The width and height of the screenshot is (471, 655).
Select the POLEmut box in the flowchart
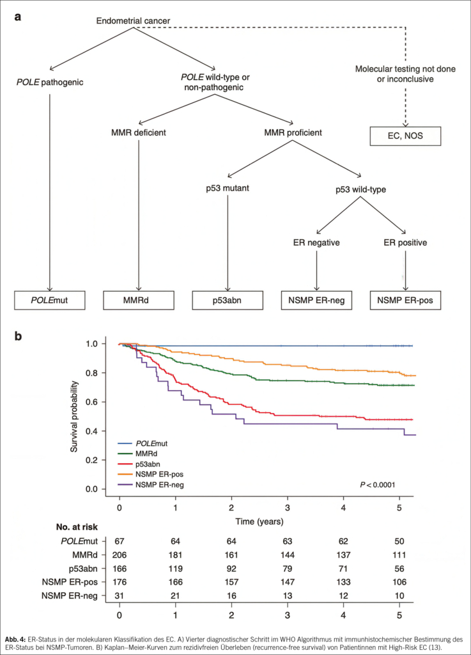point(49,299)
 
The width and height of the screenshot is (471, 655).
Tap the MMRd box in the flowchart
point(138,299)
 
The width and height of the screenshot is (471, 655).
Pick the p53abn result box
point(228,299)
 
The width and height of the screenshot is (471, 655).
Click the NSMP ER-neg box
point(316,299)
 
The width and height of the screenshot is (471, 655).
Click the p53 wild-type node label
point(361,190)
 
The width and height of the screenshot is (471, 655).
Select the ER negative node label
point(316,242)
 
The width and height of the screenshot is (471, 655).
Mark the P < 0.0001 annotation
point(378,484)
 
